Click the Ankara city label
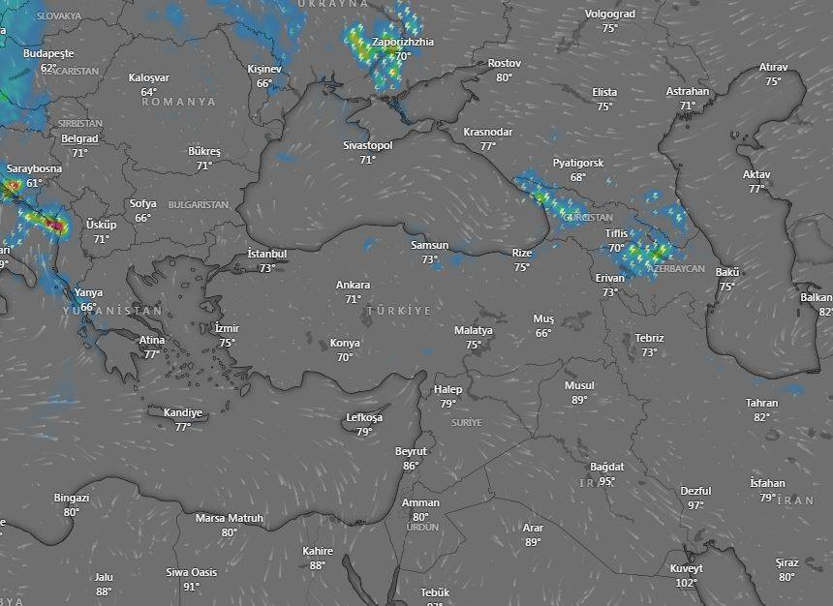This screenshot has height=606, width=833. (353, 286)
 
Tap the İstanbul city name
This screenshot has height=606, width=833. (267, 254)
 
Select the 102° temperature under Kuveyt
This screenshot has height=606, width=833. (686, 583)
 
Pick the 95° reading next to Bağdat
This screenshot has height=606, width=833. (607, 481)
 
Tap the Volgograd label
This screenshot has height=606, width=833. (610, 15)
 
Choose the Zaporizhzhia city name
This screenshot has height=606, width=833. (403, 43)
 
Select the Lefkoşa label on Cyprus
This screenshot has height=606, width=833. (364, 418)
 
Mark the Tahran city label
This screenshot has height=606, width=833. (761, 403)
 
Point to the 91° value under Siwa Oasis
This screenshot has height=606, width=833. (192, 586)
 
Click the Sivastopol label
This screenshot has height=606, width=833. (368, 145)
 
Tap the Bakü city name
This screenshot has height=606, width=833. (727, 272)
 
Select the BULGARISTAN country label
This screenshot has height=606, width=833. (199, 205)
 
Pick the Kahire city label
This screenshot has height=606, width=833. (318, 551)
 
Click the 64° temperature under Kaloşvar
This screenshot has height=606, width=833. (149, 92)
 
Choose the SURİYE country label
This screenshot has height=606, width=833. (466, 423)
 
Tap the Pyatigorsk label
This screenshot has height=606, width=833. (578, 163)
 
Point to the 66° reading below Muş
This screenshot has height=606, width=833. (543, 333)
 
